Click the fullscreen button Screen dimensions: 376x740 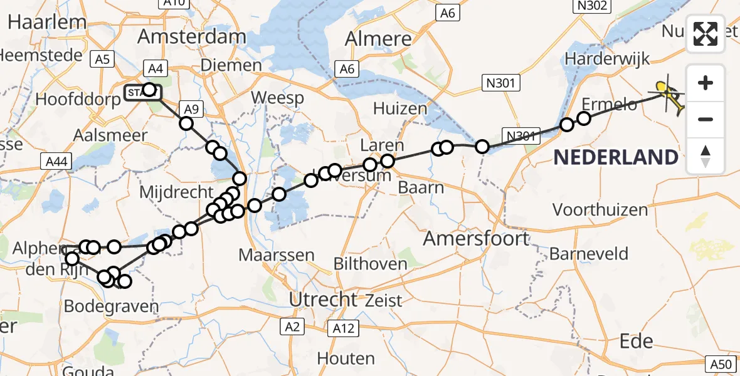pyautogui.click(x=706, y=34)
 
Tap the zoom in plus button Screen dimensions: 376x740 pyautogui.click(x=706, y=83)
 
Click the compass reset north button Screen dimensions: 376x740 pyautogui.click(x=706, y=156)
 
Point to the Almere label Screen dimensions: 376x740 pyautogui.click(x=379, y=39)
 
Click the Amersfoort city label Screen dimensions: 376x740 pyautogui.click(x=476, y=238)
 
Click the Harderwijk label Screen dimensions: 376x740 pyautogui.click(x=606, y=58)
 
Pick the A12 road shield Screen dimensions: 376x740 pyautogui.click(x=343, y=328)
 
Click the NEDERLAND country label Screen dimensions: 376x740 pyautogui.click(x=615, y=157)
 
